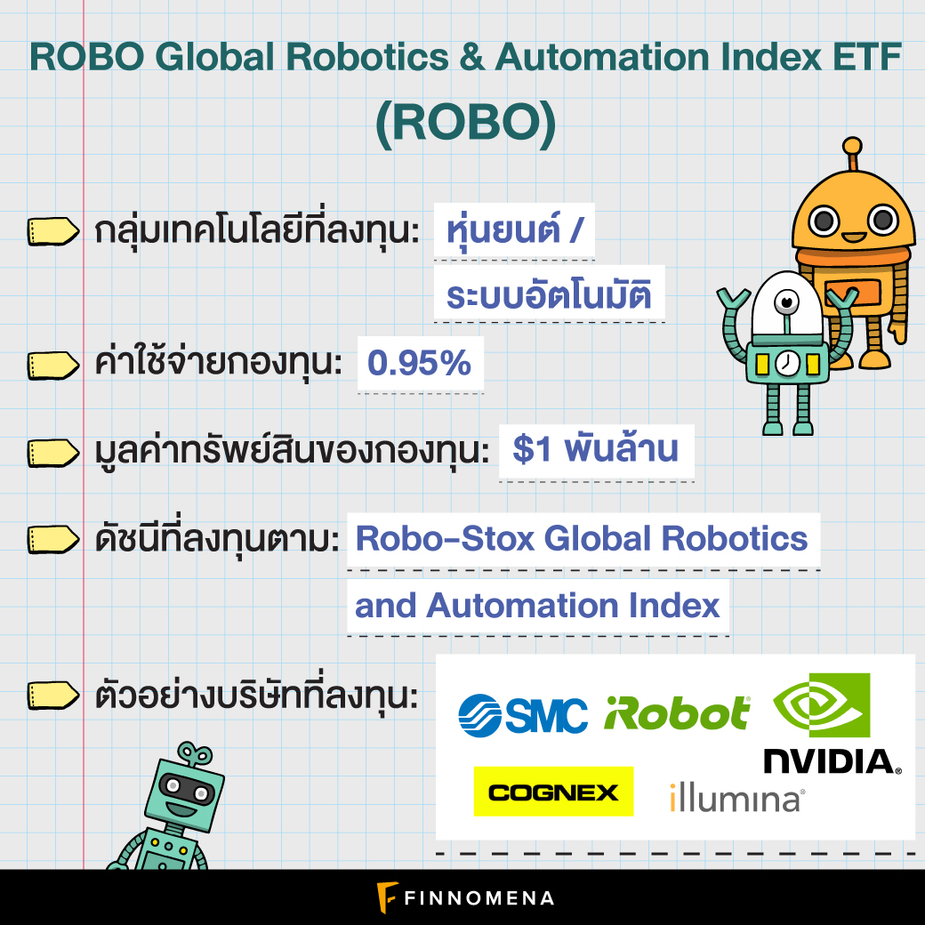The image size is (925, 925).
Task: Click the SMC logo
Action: pyautogui.click(x=523, y=715)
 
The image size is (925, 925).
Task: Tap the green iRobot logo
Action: pyautogui.click(x=677, y=713)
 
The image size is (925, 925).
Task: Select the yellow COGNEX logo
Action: pyautogui.click(x=553, y=792)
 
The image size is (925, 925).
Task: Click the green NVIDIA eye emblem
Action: pyautogui.click(x=822, y=704)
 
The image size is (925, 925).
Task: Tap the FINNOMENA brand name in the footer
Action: pyautogui.click(x=479, y=897)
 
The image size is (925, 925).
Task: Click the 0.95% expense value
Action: pyautogui.click(x=420, y=362)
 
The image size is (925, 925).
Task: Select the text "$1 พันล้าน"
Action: pyautogui.click(x=595, y=449)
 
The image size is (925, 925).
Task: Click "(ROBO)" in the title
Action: pyautogui.click(x=466, y=124)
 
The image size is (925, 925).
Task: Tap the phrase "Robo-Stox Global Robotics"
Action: pyautogui.click(x=582, y=539)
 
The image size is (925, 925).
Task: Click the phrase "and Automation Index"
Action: pyautogui.click(x=537, y=606)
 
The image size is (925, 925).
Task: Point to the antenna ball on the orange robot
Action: pyautogui.click(x=852, y=146)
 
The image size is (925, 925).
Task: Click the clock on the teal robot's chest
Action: pyautogui.click(x=785, y=363)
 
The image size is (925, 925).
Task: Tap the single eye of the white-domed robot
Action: pyautogui.click(x=786, y=302)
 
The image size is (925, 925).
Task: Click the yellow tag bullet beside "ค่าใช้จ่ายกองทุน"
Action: pyautogui.click(x=53, y=366)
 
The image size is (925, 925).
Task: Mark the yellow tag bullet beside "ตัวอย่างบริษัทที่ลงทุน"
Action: pyautogui.click(x=53, y=696)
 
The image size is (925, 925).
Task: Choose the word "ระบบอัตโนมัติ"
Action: pyautogui.click(x=549, y=294)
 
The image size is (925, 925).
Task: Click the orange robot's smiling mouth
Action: pyautogui.click(x=853, y=237)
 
